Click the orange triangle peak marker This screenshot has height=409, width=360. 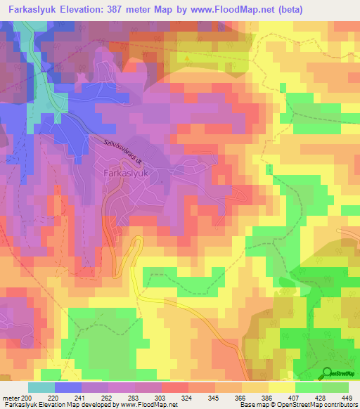coord(187,58)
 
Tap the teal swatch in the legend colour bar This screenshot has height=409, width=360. coord(41,387)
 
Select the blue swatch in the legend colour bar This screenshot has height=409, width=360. coord(68,387)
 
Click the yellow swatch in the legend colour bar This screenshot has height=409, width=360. coord(281,387)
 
